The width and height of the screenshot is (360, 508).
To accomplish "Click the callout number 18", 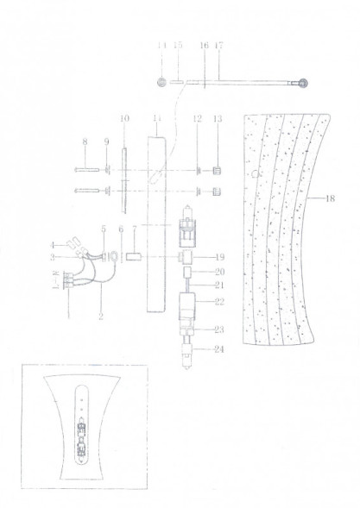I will click(x=332, y=199).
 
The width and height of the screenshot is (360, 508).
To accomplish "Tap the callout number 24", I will click(x=219, y=349).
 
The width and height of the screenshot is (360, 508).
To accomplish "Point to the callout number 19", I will click(x=219, y=257).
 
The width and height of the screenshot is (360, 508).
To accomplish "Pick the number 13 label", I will click(x=218, y=118).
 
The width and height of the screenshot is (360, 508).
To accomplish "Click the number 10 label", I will click(x=123, y=117).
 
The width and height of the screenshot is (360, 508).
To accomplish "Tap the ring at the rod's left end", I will click(x=161, y=83).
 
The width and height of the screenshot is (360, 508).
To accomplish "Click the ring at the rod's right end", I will click(x=302, y=85).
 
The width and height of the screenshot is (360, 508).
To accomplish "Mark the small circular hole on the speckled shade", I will click(x=256, y=173).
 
